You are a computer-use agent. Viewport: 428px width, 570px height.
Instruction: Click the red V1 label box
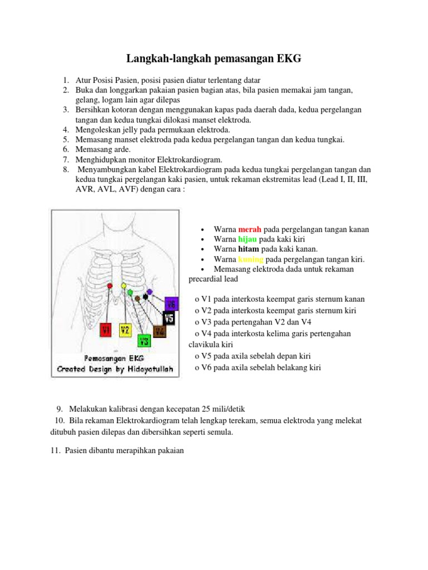point(106,330)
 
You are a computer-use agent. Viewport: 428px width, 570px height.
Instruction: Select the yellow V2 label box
point(125,330)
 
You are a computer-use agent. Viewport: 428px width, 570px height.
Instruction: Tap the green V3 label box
point(144,341)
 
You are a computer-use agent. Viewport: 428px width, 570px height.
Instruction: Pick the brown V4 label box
point(159,331)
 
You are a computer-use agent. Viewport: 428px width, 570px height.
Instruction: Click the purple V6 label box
point(171,304)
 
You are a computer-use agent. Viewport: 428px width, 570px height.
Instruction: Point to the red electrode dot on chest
point(110,286)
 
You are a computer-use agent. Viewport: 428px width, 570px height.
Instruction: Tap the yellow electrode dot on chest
point(124,285)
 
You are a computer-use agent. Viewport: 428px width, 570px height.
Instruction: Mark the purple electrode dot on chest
point(149,292)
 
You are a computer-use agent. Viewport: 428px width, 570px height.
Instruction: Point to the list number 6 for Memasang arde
point(65,149)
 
